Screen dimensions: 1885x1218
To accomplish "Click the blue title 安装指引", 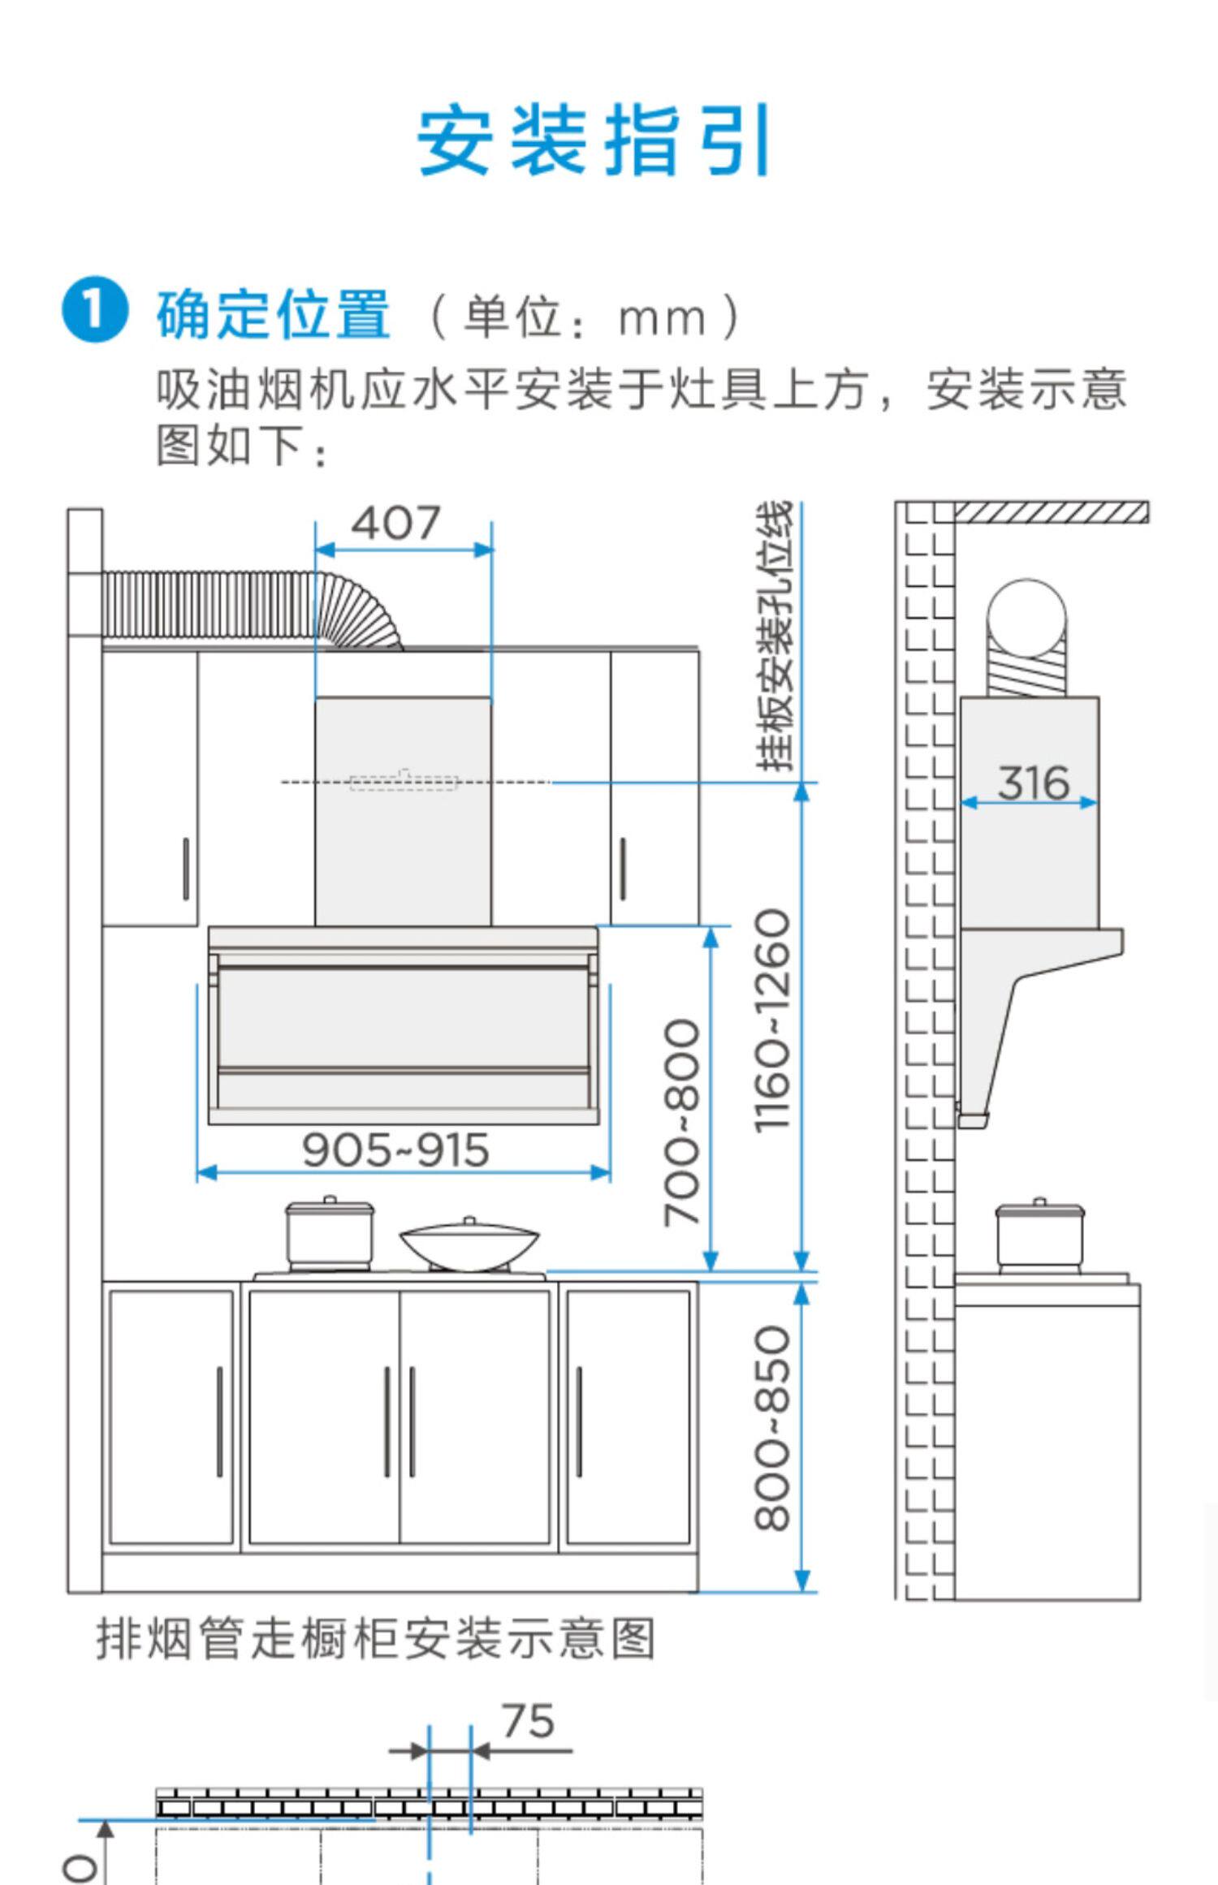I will coord(594,140).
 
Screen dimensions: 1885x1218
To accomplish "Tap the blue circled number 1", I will coord(95,310).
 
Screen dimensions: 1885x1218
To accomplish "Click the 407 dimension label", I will coord(395,523).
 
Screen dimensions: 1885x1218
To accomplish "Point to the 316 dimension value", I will coord(1033,783).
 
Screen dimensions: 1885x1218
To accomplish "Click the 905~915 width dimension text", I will coord(395,1150).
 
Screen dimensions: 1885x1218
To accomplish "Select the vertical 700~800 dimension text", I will coord(680,1122).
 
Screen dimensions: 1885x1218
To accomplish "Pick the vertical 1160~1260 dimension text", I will coord(771,1020).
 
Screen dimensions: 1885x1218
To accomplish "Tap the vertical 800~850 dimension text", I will coord(771,1428).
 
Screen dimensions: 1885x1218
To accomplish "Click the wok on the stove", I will coord(469,1244).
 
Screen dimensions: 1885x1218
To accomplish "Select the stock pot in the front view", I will coord(330,1232).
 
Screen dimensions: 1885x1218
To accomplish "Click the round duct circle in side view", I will coord(1027,619).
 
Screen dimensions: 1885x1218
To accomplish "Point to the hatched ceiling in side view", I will coord(1051,512).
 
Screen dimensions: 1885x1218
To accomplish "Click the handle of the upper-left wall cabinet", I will coord(186,869).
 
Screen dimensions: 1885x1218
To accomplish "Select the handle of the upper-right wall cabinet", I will coord(623,869).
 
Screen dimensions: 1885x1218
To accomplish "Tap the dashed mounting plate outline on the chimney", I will coord(404,782).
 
